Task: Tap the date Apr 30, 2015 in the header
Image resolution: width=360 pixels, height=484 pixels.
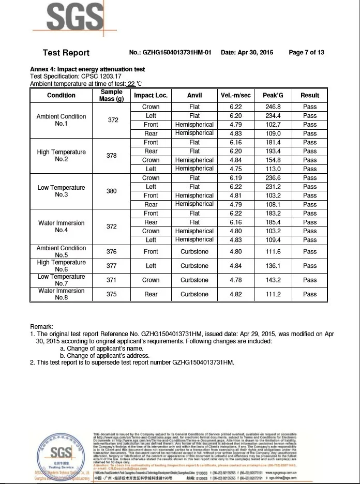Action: click(247, 53)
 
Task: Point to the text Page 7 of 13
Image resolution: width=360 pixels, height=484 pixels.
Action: click(306, 53)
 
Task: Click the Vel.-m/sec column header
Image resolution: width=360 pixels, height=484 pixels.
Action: click(235, 95)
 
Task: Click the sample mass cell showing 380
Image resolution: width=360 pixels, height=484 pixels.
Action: click(112, 191)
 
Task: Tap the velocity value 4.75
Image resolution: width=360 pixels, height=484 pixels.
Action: click(235, 169)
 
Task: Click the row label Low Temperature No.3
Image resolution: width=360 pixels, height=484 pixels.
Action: click(62, 191)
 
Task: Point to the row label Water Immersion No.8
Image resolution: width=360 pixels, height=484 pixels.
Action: click(62, 294)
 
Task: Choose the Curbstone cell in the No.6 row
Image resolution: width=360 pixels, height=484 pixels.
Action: click(194, 266)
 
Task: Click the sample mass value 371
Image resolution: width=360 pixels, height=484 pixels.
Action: click(112, 280)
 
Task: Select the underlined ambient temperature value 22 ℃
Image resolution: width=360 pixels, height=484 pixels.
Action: click(135, 84)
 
